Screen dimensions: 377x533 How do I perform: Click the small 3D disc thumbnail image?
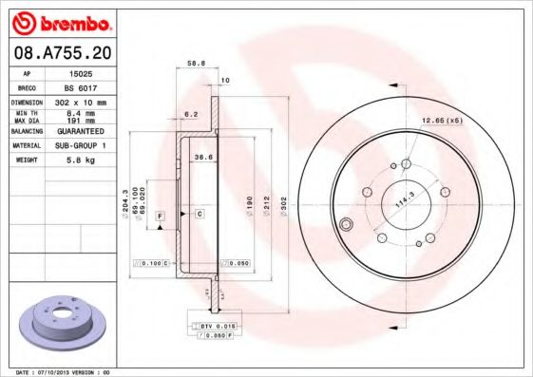[63, 324]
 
